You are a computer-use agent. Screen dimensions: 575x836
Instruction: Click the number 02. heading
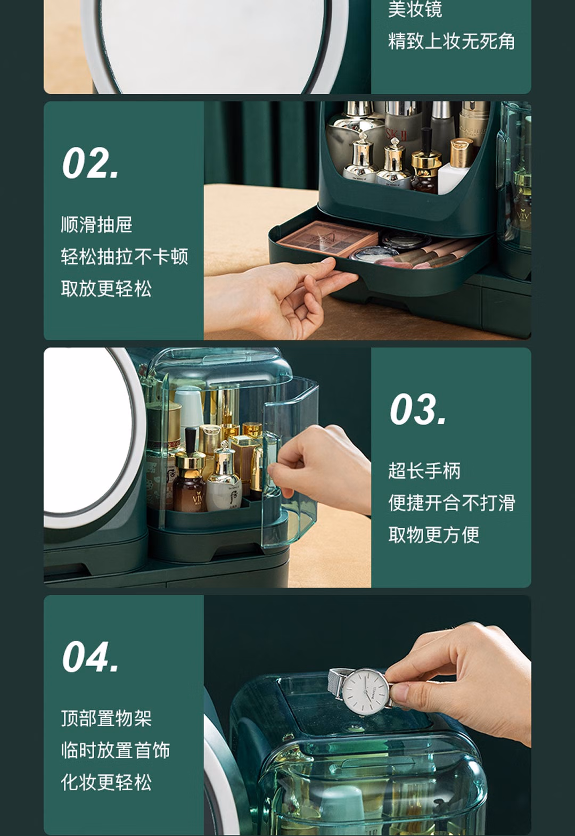91,163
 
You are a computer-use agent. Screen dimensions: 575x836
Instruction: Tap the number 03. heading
418,409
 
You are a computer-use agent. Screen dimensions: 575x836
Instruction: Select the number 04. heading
91,657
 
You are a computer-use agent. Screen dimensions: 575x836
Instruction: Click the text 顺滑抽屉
97,224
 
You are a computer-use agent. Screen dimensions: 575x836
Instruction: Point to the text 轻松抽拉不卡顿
125,257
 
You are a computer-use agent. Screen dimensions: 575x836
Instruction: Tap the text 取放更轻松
106,289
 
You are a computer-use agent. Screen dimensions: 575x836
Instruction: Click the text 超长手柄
424,470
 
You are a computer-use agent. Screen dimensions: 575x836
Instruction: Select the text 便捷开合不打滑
452,502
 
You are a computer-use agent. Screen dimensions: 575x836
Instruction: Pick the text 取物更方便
433,535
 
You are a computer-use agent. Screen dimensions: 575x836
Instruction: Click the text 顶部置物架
106,718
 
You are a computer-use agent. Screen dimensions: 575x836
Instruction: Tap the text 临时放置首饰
116,750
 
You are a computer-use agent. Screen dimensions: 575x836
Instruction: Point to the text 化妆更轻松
106,782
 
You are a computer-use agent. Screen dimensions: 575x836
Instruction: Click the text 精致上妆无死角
452,41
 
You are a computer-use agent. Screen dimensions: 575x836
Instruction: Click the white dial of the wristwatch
365,691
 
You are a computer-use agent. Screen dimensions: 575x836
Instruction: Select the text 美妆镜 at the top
415,9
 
